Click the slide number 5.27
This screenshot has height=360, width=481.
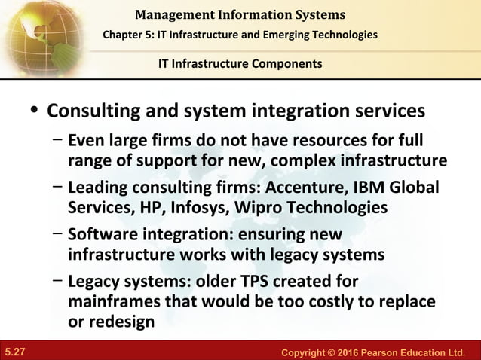coord(15,351)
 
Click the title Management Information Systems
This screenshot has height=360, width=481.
coord(240,14)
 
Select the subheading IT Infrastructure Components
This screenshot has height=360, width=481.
coord(240,63)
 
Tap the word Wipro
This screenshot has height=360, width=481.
coord(265,207)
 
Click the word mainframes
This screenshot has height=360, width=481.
coord(112,302)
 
